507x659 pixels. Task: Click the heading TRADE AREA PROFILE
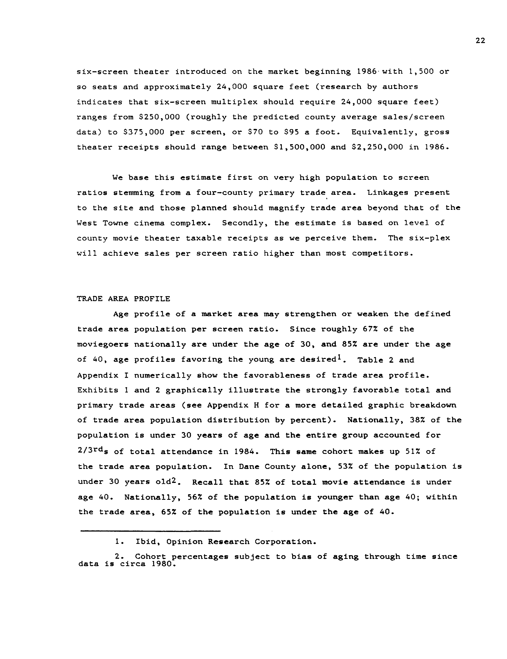click(123, 299)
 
